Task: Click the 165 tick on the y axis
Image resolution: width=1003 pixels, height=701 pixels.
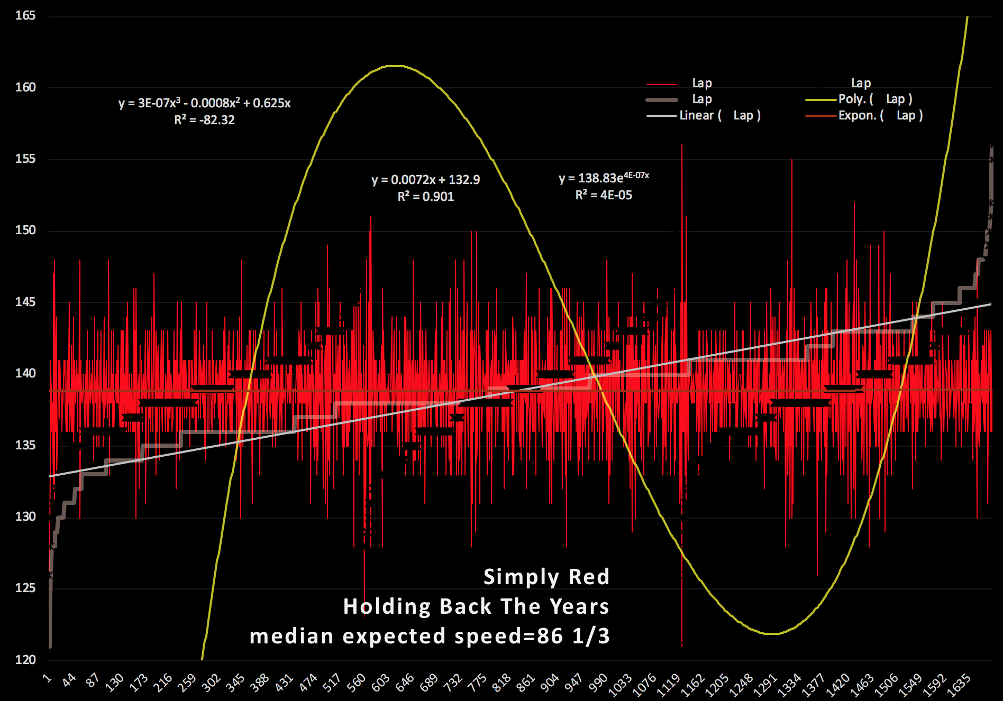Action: click(25, 15)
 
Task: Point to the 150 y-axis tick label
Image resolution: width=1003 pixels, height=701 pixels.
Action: click(25, 230)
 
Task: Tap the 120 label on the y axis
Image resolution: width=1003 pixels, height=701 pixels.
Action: click(25, 659)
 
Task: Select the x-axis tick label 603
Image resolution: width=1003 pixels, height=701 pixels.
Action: click(381, 682)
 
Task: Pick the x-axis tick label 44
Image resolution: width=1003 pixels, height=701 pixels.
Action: click(69, 680)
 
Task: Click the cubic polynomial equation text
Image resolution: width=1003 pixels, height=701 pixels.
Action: click(204, 103)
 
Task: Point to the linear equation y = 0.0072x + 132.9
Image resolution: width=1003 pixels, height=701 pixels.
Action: click(425, 180)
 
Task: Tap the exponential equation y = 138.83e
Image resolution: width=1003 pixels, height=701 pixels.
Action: click(604, 178)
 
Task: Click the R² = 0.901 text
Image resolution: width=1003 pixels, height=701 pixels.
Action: click(425, 197)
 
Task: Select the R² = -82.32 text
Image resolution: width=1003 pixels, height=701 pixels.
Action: click(204, 120)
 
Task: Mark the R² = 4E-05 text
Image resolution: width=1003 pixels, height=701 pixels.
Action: click(604, 195)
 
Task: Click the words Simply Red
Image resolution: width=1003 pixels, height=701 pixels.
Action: click(546, 577)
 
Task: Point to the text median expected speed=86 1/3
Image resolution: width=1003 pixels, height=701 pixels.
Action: click(430, 636)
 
